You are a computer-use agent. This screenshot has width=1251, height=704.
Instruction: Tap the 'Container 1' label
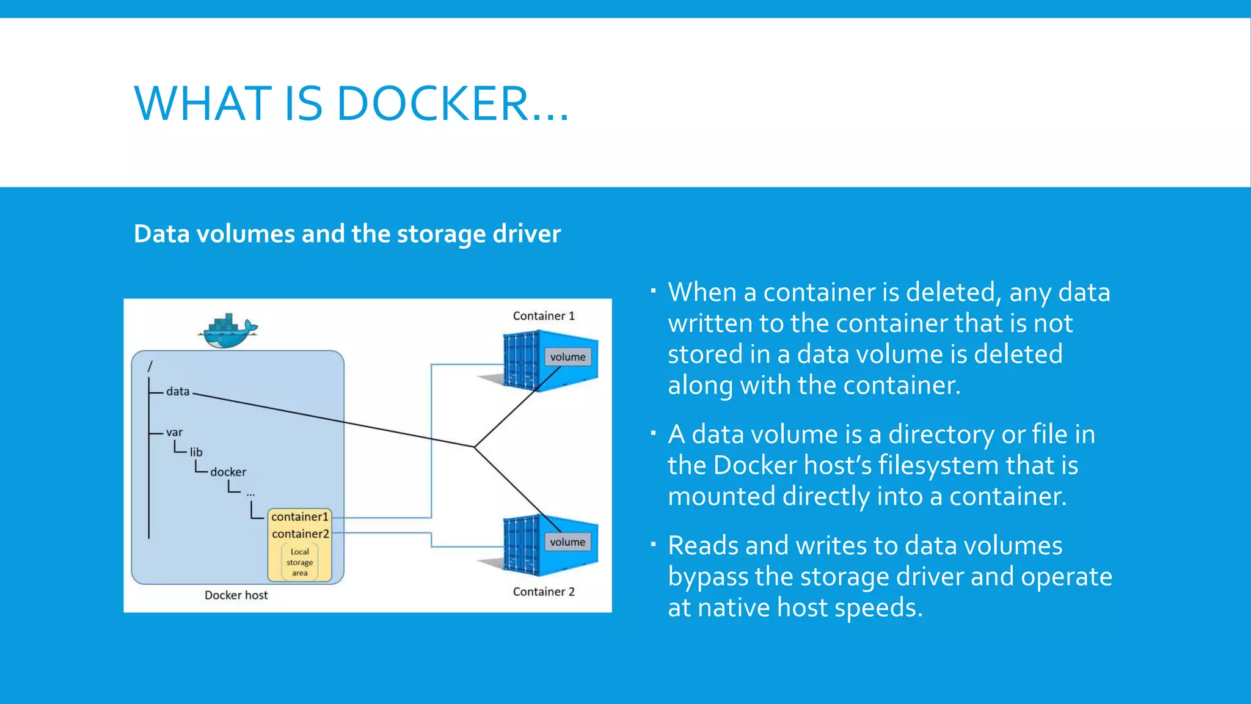[543, 316]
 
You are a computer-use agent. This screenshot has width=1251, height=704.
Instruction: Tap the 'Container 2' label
[543, 592]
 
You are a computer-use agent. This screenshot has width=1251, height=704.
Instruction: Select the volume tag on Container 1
[567, 357]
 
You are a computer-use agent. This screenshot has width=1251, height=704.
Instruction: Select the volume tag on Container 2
[567, 542]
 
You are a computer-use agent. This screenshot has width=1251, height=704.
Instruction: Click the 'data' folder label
[178, 391]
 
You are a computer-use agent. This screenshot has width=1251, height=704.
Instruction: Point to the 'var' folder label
[174, 432]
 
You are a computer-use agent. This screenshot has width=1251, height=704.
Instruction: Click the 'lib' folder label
[195, 452]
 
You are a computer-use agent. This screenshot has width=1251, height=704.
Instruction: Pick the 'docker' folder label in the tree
[228, 472]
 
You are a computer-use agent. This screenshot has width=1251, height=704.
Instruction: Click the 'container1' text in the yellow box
[299, 517]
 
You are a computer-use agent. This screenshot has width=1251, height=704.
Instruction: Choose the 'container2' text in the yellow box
[300, 534]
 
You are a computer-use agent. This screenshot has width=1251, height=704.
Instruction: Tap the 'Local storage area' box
[299, 562]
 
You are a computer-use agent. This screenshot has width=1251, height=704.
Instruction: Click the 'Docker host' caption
[236, 595]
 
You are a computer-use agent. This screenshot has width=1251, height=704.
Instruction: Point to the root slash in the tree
[150, 366]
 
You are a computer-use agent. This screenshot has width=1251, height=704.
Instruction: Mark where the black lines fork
[475, 447]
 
